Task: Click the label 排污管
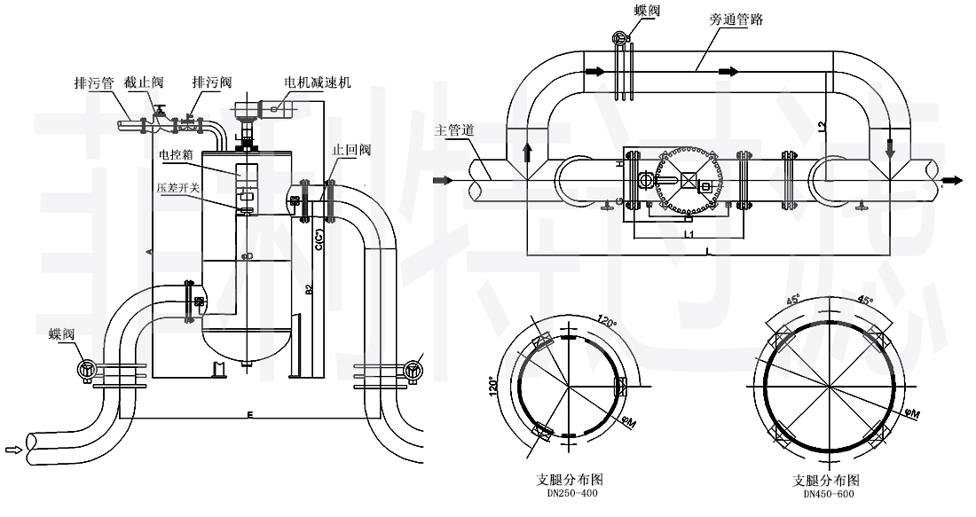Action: (92, 82)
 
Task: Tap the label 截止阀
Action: (145, 82)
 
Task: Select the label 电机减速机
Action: (318, 82)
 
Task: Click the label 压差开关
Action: (176, 187)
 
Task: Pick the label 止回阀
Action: (351, 150)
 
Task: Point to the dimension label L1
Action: (689, 234)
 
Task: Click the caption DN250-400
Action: (567, 493)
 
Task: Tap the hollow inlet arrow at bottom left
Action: (13, 450)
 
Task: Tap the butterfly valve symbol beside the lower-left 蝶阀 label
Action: (86, 371)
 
